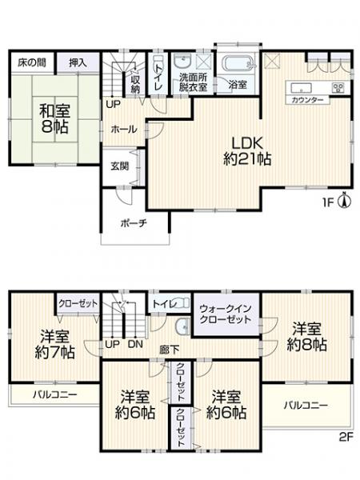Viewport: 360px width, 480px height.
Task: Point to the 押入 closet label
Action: [78, 62]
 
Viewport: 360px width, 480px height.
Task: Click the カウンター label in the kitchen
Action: [307, 101]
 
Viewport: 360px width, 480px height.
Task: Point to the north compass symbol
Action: [343, 200]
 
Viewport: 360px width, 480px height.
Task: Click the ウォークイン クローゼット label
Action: [226, 314]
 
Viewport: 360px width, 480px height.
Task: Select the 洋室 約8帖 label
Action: [308, 337]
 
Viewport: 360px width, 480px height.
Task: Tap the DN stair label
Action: [135, 344]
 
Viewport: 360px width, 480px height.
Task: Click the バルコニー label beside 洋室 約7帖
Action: [54, 395]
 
